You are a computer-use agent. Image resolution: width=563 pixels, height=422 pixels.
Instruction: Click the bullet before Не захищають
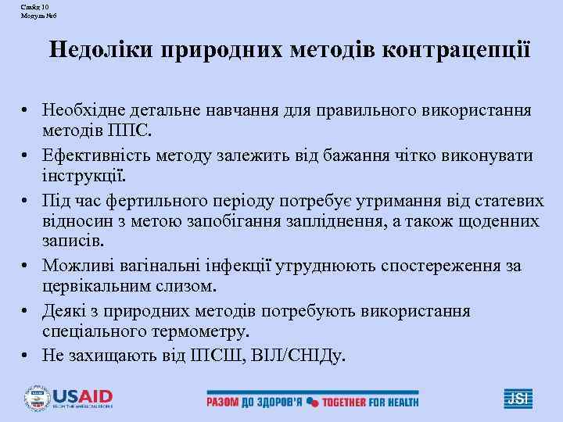click(x=27, y=356)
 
